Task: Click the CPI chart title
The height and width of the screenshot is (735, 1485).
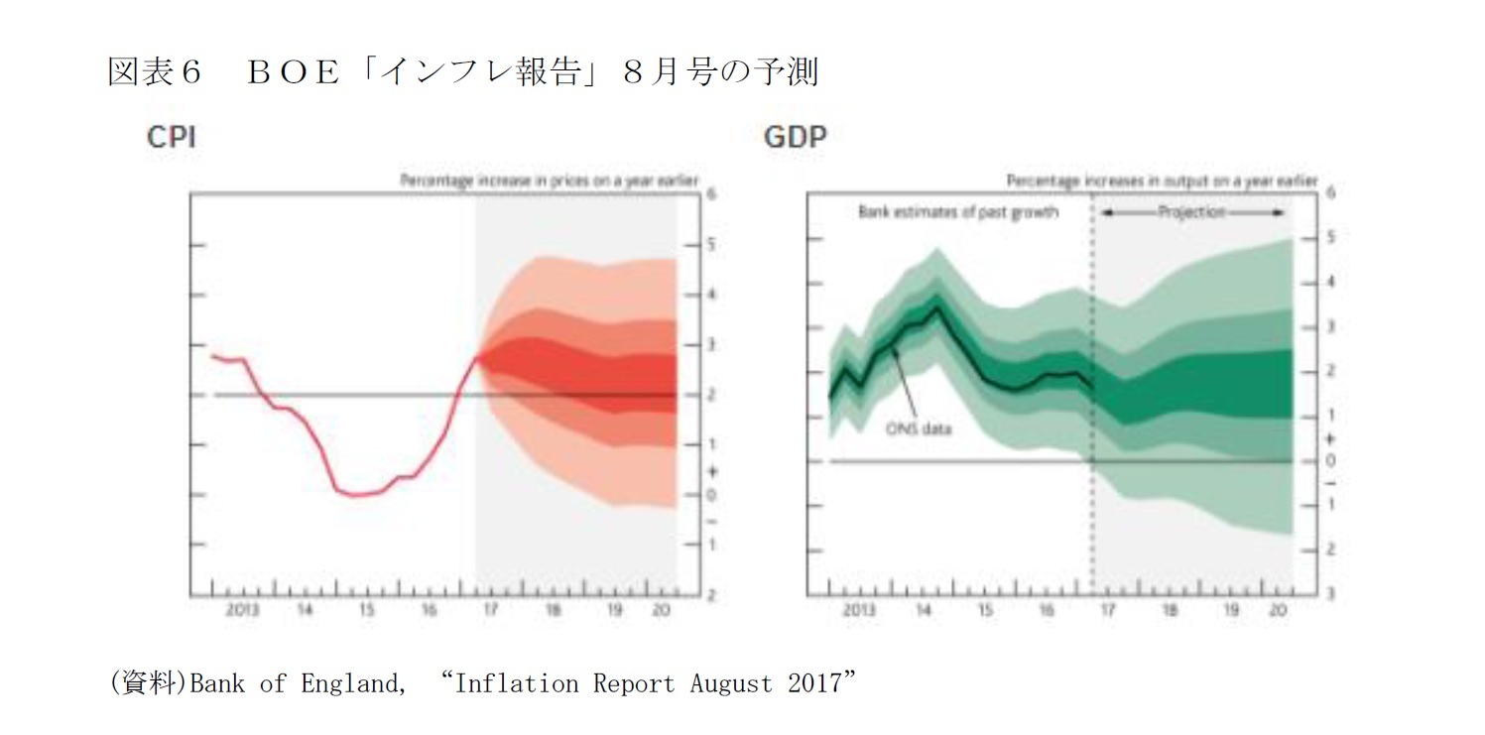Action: [171, 138]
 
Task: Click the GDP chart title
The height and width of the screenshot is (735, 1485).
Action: [794, 138]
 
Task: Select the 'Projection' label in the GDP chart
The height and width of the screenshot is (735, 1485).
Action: [1191, 212]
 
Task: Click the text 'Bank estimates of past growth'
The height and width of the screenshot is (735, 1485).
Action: [957, 212]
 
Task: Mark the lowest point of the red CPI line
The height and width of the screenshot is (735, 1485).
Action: [355, 494]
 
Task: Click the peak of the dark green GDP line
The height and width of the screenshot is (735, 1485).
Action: [937, 306]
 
